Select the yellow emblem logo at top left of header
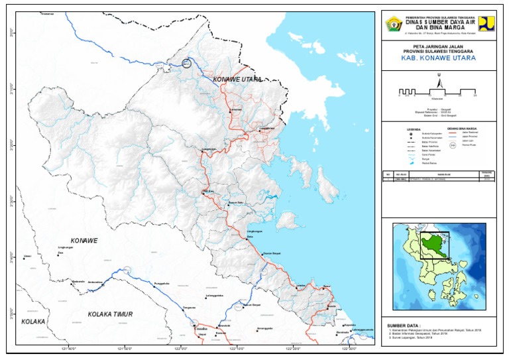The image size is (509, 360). point(393,23)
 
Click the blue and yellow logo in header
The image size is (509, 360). point(486,23)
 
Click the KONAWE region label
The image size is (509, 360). point(84,240)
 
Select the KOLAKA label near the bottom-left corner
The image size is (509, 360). point(32,322)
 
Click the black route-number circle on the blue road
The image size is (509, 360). point(187,64)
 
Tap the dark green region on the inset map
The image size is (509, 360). point(431,246)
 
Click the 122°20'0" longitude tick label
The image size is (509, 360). point(295,348)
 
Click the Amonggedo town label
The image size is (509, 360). point(265,329)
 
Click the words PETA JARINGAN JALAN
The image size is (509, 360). point(438,45)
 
